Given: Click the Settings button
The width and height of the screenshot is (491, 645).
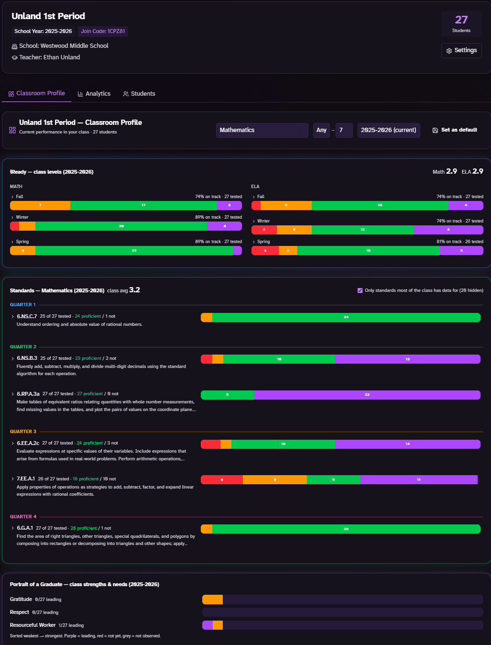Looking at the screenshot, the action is click(x=461, y=51).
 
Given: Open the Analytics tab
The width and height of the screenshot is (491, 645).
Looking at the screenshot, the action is click(x=94, y=94).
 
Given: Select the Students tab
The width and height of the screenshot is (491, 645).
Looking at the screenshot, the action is click(x=139, y=94).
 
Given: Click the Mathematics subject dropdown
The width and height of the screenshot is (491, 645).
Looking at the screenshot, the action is click(x=262, y=130).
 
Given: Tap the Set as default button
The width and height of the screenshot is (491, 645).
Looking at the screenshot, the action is click(x=455, y=130).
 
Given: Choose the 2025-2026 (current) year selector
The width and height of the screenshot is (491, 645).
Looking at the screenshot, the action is click(x=389, y=130).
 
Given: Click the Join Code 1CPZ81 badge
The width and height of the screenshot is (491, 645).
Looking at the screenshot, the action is click(x=103, y=31).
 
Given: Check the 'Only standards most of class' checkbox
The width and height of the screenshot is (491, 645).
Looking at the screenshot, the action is click(x=360, y=290).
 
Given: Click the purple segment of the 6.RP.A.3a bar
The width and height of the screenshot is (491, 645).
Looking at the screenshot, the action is click(x=367, y=395).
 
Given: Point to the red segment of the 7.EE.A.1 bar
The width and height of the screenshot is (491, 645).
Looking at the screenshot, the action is click(x=221, y=479).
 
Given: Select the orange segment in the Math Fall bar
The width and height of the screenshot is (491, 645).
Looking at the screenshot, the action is click(x=40, y=205).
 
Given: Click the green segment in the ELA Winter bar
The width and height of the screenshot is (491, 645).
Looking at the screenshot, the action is click(x=362, y=230).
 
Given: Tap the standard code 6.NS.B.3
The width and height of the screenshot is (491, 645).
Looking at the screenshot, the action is click(x=27, y=358).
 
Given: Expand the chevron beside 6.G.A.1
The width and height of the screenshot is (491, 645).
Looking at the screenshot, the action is click(x=12, y=528).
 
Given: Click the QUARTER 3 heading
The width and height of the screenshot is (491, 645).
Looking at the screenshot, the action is click(x=23, y=432).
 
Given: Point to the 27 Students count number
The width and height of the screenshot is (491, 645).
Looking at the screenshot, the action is click(x=461, y=20).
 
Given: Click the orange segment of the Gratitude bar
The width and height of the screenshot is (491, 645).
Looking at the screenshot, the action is click(x=212, y=600).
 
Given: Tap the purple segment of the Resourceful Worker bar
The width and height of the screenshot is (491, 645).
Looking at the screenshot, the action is click(x=207, y=625).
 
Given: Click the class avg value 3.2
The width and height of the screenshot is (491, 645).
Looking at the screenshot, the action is click(x=134, y=290).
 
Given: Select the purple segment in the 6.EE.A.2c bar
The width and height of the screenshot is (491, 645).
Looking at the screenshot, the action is click(x=408, y=444).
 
